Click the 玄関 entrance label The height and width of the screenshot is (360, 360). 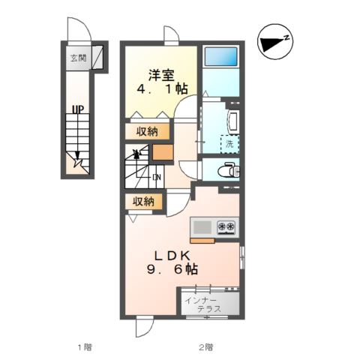click(x=77, y=58)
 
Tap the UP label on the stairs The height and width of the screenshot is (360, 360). click(x=77, y=110)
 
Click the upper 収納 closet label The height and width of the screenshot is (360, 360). click(x=147, y=131)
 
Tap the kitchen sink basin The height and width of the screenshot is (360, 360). click(x=203, y=226)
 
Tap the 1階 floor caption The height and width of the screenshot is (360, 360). click(x=84, y=346)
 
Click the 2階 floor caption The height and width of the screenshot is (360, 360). click(x=205, y=346)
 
